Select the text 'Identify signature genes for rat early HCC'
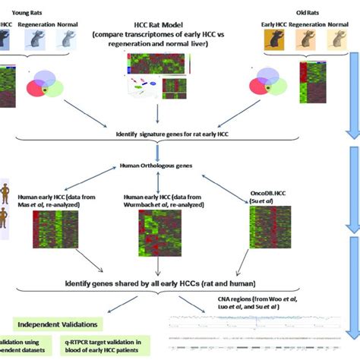(x=173, y=134)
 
